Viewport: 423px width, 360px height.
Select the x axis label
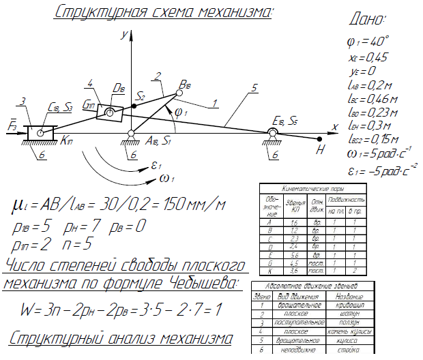(x=334, y=127)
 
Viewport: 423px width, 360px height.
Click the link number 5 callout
(x=254, y=88)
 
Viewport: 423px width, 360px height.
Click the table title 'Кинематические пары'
(x=312, y=187)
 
